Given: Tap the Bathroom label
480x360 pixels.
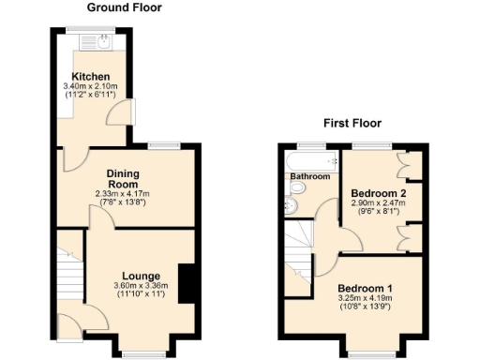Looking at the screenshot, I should tap(309, 176).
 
